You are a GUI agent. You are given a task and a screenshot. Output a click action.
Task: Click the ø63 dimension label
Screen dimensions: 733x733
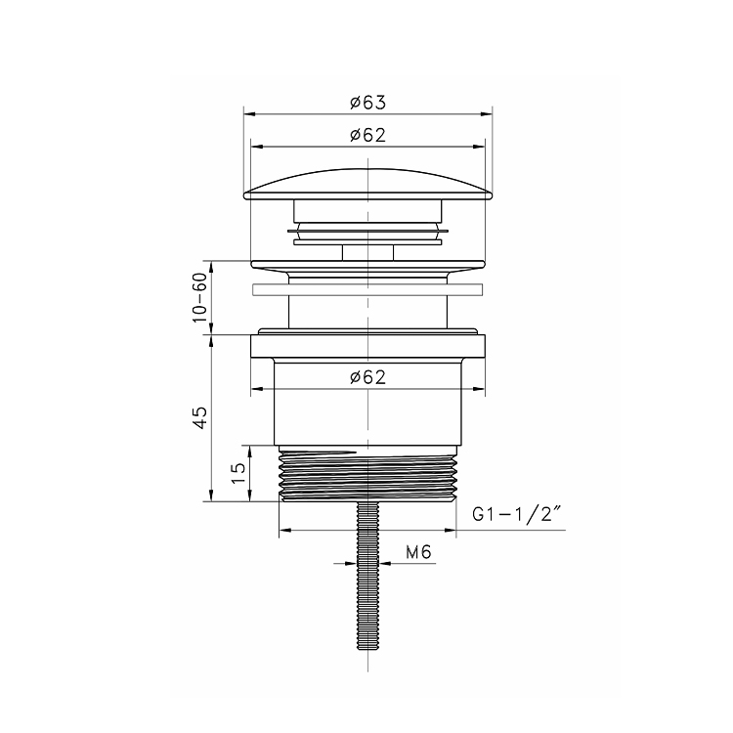(x=367, y=103)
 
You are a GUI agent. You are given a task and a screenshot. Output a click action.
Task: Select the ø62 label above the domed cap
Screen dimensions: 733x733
(x=367, y=135)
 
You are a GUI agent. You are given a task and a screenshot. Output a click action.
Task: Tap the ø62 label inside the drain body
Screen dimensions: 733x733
(x=367, y=377)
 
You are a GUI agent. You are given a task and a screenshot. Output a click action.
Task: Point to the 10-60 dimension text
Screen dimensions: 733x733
(x=199, y=297)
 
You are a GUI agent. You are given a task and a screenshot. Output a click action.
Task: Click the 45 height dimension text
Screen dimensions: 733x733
(x=199, y=417)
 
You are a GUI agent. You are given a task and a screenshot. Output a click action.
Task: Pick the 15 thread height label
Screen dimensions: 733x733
(x=237, y=474)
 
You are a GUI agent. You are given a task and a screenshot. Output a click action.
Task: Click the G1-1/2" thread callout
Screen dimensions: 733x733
(x=516, y=515)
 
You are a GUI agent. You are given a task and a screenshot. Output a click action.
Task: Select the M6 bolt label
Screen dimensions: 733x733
(x=418, y=552)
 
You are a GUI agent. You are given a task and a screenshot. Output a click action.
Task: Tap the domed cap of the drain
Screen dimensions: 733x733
(x=367, y=185)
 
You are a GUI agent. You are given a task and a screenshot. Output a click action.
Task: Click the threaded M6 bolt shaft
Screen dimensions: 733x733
(x=367, y=576)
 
